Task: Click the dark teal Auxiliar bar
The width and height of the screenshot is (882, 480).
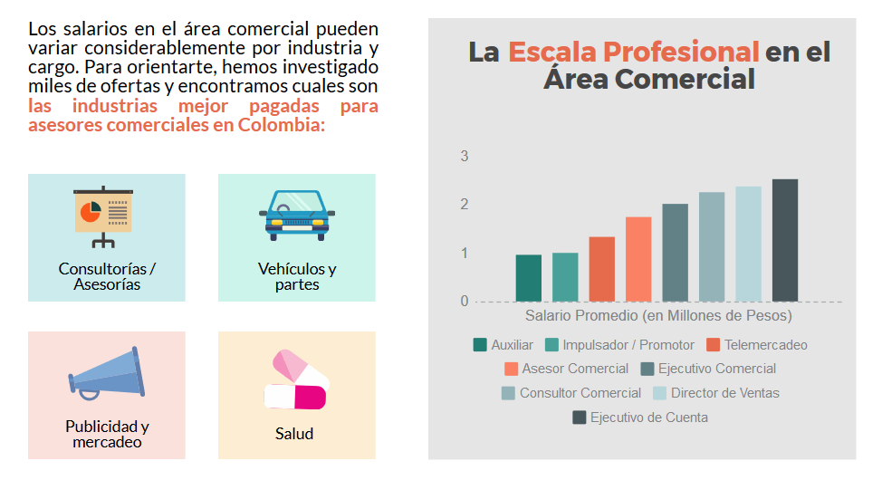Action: click(x=528, y=278)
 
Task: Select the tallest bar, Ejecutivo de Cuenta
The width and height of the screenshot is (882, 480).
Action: click(x=785, y=240)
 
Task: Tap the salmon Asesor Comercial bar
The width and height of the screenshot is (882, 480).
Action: click(x=638, y=259)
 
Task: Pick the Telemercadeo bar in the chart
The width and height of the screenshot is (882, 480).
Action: click(x=601, y=269)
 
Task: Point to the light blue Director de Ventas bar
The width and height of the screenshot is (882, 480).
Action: click(x=748, y=244)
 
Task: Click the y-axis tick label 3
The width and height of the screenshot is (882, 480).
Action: click(x=465, y=156)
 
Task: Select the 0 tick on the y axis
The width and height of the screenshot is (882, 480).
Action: click(x=465, y=301)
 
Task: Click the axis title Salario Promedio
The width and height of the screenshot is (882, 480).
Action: click(x=658, y=316)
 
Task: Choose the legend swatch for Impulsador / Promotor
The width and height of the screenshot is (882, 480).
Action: click(x=552, y=345)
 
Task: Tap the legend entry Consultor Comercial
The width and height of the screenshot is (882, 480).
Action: click(x=580, y=393)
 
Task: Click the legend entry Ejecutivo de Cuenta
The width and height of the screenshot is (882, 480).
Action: click(x=648, y=418)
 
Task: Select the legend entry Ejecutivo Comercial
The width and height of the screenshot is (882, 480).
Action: click(x=716, y=369)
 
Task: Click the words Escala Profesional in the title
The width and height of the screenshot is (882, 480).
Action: click(x=633, y=52)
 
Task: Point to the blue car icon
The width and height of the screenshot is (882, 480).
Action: click(x=296, y=215)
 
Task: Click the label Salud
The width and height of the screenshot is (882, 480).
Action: click(x=294, y=434)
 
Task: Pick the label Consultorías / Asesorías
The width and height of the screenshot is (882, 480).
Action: click(x=107, y=277)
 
